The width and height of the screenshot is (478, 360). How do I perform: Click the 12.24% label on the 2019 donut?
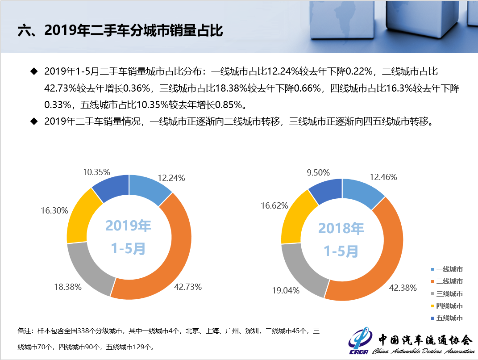click(x=171, y=178)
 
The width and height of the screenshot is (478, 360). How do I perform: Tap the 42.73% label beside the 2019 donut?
click(x=187, y=287)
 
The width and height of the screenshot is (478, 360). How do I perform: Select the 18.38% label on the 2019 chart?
click(x=67, y=287)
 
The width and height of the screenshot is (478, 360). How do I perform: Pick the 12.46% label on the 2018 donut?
click(x=383, y=177)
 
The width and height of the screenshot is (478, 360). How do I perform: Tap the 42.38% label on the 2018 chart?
click(x=403, y=288)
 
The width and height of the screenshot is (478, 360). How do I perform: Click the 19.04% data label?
click(x=286, y=290)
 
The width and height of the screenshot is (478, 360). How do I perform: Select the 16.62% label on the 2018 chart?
click(x=274, y=205)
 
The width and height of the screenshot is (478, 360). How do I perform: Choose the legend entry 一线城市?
click(x=447, y=269)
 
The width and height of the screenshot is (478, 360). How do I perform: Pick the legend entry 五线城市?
click(x=447, y=318)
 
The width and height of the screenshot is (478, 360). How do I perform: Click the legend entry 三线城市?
click(x=447, y=293)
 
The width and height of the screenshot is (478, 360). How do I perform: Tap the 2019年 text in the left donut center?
click(x=129, y=226)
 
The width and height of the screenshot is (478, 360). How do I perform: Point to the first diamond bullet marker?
click(x=33, y=71)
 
